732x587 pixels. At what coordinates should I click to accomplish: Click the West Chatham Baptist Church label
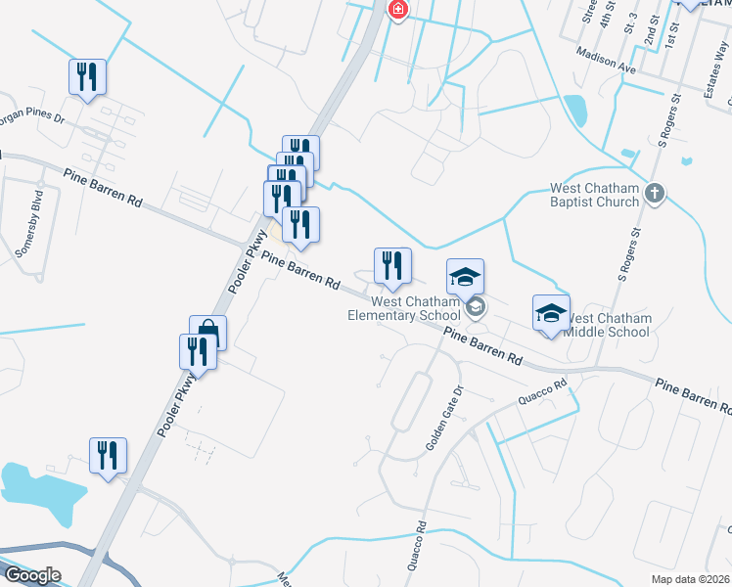(594, 195)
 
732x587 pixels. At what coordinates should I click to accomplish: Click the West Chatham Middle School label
(608, 325)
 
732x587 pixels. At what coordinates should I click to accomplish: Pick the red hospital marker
(398, 10)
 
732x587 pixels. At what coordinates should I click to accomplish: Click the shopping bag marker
(207, 332)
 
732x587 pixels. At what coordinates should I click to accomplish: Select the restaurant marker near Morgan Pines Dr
(87, 76)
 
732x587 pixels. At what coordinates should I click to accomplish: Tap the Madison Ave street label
(606, 61)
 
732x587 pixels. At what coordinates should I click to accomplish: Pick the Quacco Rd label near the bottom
(418, 547)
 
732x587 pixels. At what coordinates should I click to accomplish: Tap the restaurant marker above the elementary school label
(392, 266)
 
